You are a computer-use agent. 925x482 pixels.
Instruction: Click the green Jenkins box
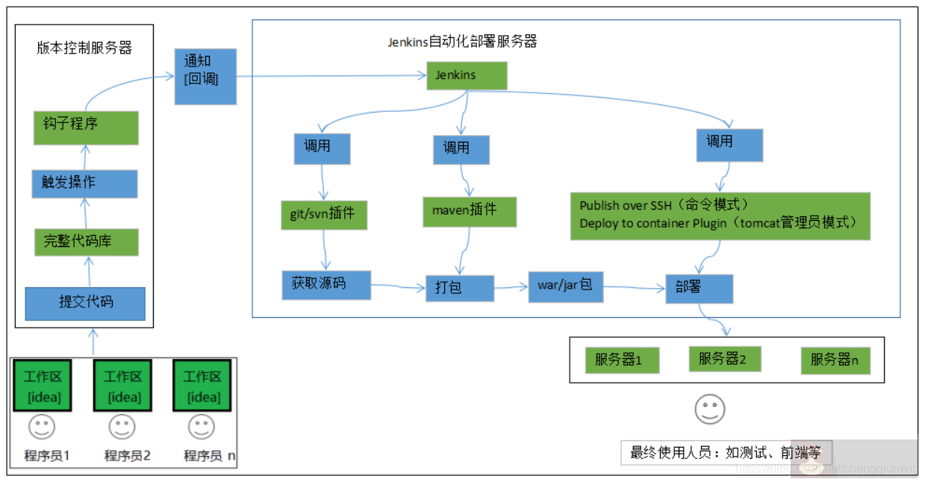click(467, 75)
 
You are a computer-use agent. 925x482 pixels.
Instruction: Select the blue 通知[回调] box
click(205, 76)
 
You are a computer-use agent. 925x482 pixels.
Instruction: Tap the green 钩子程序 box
click(86, 128)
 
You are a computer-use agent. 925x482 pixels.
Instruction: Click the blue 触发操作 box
click(84, 184)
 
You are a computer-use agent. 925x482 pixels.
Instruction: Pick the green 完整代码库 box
click(86, 242)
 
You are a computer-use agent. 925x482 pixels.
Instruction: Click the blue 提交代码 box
click(85, 303)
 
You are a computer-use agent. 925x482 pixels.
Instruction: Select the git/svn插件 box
click(324, 215)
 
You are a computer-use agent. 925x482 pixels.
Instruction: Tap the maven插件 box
click(470, 211)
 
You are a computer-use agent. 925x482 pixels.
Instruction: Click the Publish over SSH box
click(720, 216)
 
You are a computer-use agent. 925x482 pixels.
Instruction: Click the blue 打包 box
click(460, 288)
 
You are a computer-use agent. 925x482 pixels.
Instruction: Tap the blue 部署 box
click(699, 289)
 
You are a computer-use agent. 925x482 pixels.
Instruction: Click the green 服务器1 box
click(623, 360)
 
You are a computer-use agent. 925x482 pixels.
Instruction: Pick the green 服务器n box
click(835, 361)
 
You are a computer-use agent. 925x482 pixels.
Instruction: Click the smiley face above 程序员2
click(122, 428)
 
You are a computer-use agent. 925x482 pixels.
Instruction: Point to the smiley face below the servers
click(709, 408)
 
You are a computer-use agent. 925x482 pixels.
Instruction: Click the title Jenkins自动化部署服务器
click(462, 42)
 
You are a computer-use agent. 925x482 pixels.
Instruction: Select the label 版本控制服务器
click(84, 48)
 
